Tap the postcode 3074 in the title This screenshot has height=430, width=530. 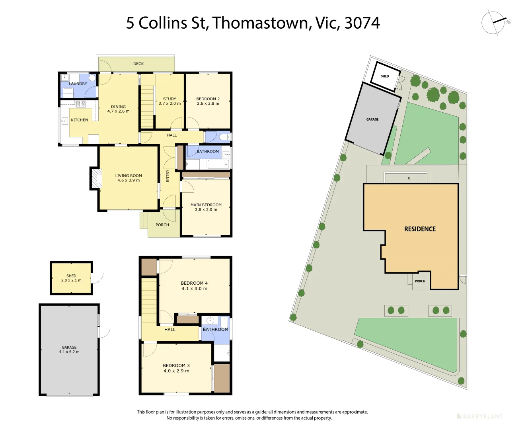tap(362, 23)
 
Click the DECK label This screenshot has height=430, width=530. tap(138, 64)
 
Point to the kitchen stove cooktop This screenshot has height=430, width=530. tap(81, 104)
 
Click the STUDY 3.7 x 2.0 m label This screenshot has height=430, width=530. tap(170, 101)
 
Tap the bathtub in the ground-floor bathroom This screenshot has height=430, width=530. tap(218, 164)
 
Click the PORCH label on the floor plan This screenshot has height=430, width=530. tap(162, 225)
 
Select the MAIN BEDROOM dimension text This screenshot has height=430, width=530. tap(206, 209)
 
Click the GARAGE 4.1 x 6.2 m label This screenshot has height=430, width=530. tap(69, 350)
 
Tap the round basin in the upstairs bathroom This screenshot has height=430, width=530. tap(210, 321)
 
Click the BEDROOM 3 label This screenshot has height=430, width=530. tap(176, 365)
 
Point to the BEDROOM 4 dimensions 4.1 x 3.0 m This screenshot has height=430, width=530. tap(194, 289)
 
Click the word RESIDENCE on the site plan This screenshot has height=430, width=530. tap(420, 229)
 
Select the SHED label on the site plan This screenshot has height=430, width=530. tap(385, 76)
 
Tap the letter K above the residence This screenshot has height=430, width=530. tap(409, 178)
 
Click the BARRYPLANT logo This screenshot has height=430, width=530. tap(479, 416)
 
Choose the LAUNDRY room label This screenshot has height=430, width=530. tap(78, 84)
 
